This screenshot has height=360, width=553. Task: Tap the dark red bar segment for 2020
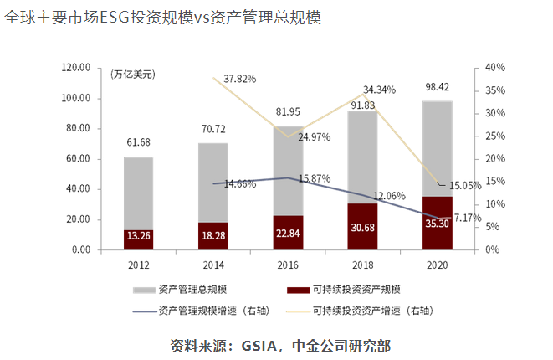437,223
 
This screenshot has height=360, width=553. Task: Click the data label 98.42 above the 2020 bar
437,88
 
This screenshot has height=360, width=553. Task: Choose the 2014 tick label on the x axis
213,265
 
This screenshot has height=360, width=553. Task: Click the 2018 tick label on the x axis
362,265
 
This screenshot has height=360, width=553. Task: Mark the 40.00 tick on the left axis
78,189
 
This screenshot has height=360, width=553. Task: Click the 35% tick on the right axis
494,90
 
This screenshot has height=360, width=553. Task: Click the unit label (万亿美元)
132,75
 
